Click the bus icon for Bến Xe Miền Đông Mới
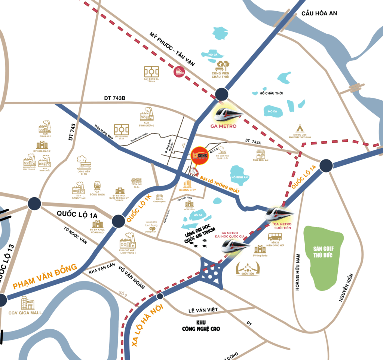tap(275, 237)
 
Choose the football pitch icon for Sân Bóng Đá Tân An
tap(152, 71)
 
